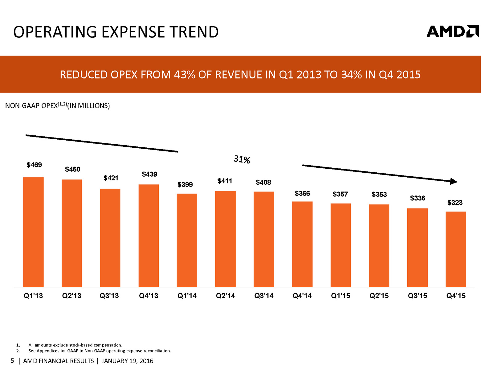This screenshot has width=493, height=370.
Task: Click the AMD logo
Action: (452, 31)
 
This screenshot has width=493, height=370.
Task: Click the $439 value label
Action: (149, 174)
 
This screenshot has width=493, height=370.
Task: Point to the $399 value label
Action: (185, 184)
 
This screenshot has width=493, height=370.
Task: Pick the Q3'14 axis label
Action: (264, 296)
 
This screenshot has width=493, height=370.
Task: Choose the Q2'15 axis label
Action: (379, 296)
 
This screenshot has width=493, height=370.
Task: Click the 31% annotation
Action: (242, 159)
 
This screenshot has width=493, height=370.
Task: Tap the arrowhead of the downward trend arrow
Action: (453, 181)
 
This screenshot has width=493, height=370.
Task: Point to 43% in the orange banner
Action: (184, 75)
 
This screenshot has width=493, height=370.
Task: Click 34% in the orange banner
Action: (351, 75)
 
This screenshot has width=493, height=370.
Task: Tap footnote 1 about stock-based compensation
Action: (75, 345)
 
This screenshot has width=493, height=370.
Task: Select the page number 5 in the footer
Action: (12, 361)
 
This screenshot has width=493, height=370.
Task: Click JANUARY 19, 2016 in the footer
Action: (127, 361)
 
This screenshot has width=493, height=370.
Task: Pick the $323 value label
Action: (455, 203)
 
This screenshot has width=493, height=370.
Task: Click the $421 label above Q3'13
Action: (111, 178)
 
